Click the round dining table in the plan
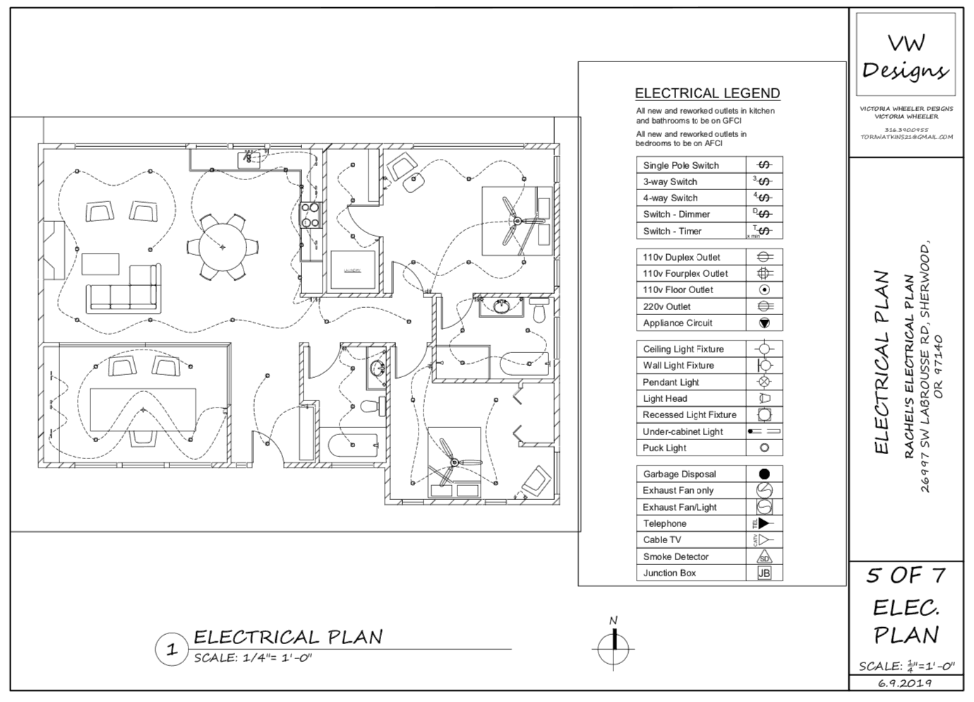[x=223, y=246]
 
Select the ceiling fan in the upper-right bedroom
[x=517, y=221]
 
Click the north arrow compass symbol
[x=613, y=647]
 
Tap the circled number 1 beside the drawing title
[x=172, y=649]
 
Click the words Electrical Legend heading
[x=707, y=93]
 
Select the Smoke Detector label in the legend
[x=675, y=557]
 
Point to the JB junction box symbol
[x=764, y=573]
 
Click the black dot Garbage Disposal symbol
[x=764, y=474]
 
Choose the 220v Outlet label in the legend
[x=666, y=307]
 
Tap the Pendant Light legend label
[x=671, y=382]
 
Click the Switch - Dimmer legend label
[x=676, y=214]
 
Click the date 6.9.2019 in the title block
[x=905, y=683]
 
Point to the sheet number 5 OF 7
[x=906, y=576]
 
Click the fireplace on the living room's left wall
[x=54, y=251]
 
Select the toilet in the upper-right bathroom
[x=539, y=311]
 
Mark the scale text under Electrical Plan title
[x=253, y=658]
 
